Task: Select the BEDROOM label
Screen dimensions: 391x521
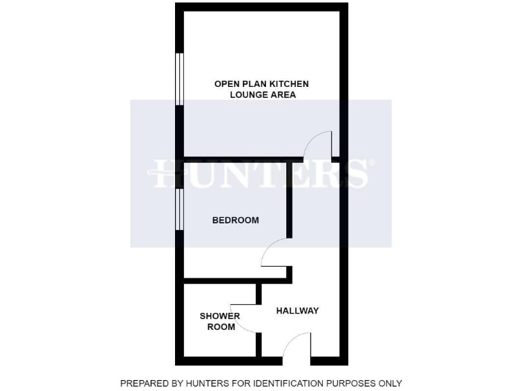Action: click(235, 220)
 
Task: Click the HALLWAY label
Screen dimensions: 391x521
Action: click(297, 311)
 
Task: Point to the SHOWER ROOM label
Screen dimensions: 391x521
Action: click(219, 321)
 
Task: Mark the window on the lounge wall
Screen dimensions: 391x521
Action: click(179, 79)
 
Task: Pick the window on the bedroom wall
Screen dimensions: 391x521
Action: click(179, 210)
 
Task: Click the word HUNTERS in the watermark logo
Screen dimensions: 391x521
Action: click(260, 174)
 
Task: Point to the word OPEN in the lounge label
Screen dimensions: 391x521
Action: click(227, 83)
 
